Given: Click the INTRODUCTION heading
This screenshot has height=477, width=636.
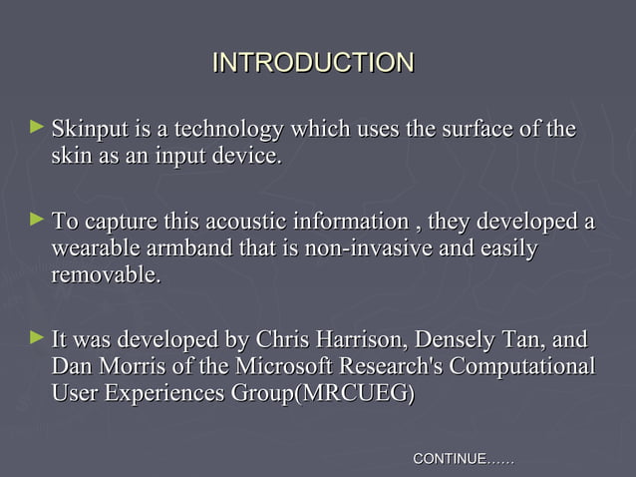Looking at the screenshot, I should pos(313,64).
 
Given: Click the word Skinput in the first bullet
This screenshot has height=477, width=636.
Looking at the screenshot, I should pos(91,132).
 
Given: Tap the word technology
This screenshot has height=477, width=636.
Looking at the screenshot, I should pos(230,132).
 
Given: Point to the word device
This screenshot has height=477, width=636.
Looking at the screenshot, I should pos(252,158).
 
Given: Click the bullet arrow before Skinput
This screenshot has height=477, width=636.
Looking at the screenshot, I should pos(37,129).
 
